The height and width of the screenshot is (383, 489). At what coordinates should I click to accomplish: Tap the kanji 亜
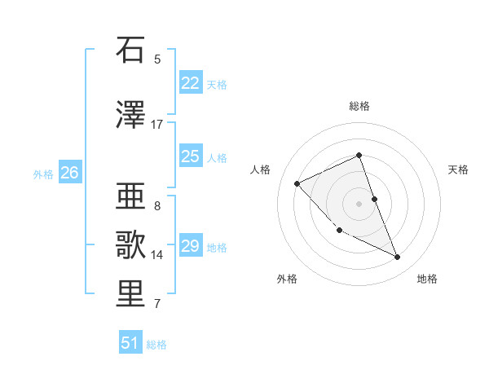pos(130,197)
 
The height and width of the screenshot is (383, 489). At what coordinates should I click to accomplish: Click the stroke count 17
pos(157,125)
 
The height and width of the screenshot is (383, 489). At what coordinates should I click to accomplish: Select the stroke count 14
pos(157,255)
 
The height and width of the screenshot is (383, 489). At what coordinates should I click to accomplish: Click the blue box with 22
pos(190,83)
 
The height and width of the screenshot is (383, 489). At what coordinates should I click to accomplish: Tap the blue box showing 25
pos(190,156)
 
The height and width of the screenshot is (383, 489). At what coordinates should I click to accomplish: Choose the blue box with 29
pos(190,246)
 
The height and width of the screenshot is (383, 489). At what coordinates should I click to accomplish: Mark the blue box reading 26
pos(69,173)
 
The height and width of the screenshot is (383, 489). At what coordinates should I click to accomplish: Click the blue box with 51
pos(130,343)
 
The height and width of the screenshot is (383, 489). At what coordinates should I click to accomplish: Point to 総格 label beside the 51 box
pos(156,345)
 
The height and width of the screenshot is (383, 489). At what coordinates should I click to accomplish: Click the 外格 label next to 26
pos(43,174)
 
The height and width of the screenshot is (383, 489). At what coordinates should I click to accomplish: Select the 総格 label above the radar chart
pos(359,106)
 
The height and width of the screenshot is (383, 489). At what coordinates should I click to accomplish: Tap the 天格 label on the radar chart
pos(458,169)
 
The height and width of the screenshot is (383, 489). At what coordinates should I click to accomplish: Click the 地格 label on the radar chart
pos(427,279)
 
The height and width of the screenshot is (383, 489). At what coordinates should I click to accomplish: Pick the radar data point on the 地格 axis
pos(398,258)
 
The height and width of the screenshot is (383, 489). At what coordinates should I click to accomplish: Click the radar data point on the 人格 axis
pos(297,183)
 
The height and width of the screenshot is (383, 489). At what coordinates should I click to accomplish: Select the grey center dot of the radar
pos(359,203)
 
